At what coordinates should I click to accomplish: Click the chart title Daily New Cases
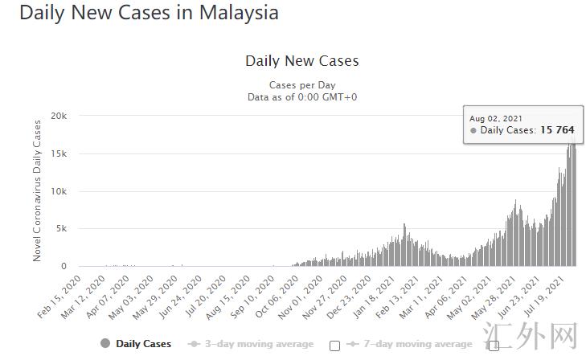click(301, 61)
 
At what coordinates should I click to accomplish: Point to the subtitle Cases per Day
click(302, 85)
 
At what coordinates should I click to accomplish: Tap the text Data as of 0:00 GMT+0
click(302, 96)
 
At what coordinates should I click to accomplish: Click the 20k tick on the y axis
click(59, 117)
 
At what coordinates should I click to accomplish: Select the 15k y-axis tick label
click(59, 153)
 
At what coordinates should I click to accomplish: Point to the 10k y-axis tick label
click(59, 191)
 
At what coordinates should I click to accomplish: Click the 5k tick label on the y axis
click(61, 229)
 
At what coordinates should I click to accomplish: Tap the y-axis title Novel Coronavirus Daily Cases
click(37, 190)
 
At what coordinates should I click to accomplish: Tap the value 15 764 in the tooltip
click(557, 130)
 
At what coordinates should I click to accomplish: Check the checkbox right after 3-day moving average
click(334, 346)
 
